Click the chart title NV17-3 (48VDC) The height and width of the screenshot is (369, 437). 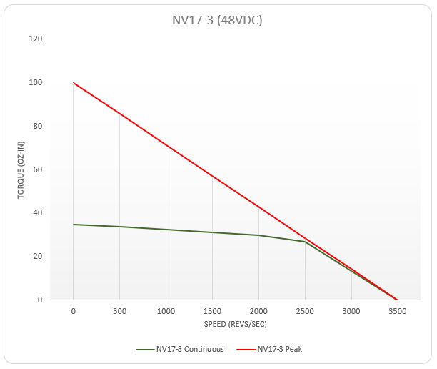[x=218, y=20]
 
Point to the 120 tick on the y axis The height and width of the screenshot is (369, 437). [x=36, y=39]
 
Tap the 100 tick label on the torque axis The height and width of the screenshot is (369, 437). [x=36, y=83]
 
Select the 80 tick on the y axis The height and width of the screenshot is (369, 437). [x=38, y=127]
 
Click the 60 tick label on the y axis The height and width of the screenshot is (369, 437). [x=38, y=169]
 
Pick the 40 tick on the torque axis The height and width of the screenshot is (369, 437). [x=38, y=213]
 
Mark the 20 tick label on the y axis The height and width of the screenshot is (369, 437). [x=38, y=257]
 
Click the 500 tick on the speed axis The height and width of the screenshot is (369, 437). [x=119, y=312]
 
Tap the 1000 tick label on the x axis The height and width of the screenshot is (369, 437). [x=166, y=312]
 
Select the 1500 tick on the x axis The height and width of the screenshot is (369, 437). [x=212, y=312]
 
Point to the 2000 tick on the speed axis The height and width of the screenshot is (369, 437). [x=258, y=312]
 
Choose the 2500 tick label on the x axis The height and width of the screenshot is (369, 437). [x=305, y=312]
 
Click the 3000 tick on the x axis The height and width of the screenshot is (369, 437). [x=351, y=312]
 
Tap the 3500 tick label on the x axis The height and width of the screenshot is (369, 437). [x=398, y=312]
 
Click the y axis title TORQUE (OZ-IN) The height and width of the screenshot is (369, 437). [x=21, y=169]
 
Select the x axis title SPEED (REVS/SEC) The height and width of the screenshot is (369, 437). [x=235, y=325]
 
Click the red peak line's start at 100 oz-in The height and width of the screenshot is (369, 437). [x=74, y=83]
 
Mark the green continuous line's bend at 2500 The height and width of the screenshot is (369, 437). [x=305, y=242]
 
